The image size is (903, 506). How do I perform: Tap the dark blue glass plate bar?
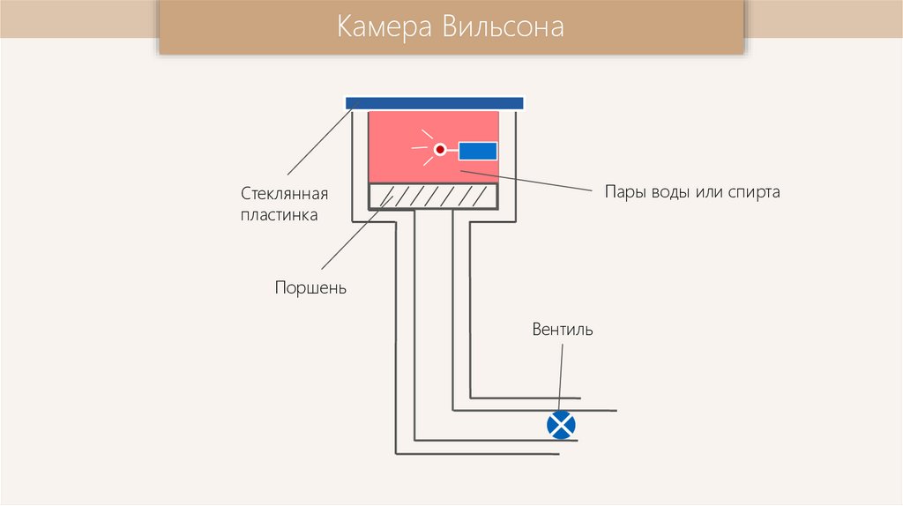click(x=434, y=103)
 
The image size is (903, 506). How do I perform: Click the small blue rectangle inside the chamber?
click(x=477, y=151)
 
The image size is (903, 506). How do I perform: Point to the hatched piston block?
click(x=432, y=196)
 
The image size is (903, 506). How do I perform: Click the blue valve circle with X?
click(x=561, y=426)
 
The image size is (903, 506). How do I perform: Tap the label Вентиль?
click(x=563, y=331)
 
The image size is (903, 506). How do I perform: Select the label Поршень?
click(x=310, y=288)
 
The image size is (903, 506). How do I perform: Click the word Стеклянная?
click(x=285, y=193)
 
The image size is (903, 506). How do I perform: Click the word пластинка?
click(x=280, y=214)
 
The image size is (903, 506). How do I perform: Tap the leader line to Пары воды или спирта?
click(x=538, y=182)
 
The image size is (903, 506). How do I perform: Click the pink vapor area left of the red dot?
click(x=392, y=150)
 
